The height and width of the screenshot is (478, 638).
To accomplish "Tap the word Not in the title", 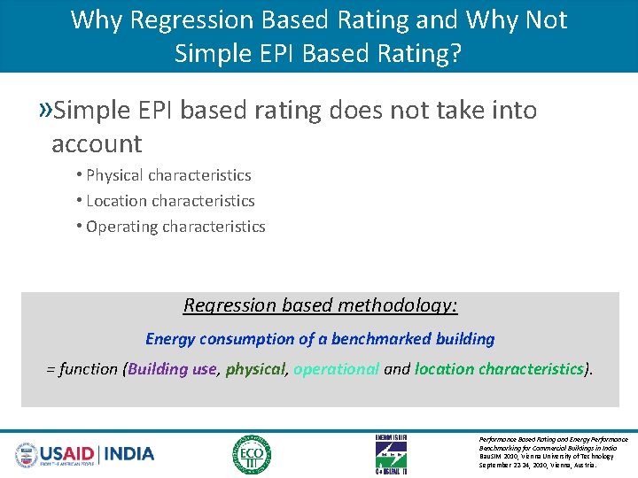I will [541, 19].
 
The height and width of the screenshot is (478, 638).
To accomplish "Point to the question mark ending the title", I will [455, 53].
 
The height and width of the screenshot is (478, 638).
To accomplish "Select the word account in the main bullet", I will [97, 143].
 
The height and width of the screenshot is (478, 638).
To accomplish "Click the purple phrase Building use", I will [172, 369].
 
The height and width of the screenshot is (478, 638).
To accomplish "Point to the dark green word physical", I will [255, 369].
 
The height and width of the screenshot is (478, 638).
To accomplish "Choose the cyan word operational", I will [336, 369].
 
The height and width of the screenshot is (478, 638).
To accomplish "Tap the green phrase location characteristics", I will [500, 369].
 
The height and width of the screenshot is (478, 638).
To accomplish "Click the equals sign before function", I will [51, 369].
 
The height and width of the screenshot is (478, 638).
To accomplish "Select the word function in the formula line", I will [89, 369].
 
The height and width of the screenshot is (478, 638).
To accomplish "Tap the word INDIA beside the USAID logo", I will [129, 454].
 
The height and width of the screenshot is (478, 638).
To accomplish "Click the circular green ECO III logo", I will [252, 454].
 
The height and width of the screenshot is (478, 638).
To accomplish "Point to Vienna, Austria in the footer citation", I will [577, 465].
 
